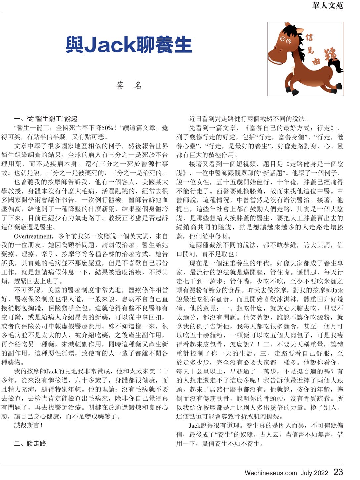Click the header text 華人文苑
[327, 5]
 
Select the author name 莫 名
[129, 86]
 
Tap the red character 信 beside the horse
[309, 37]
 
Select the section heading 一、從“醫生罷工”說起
[46, 119]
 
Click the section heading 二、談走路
[30, 443]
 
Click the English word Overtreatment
[33, 236]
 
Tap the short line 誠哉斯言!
[28, 425]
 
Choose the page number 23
[338, 472]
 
